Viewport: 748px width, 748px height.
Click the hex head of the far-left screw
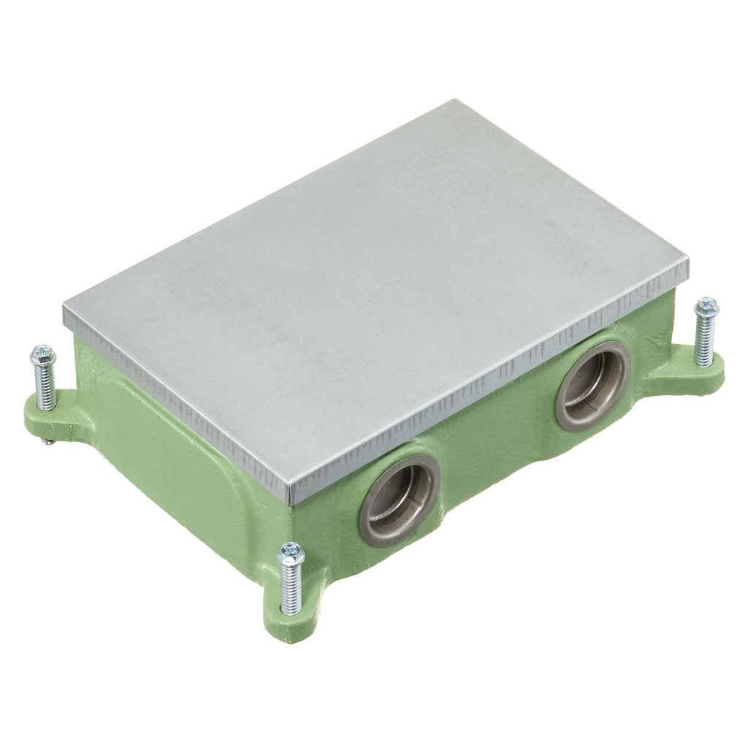[42, 356]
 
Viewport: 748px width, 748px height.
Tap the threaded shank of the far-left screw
[45, 387]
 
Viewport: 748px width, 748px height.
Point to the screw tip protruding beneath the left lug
[47, 441]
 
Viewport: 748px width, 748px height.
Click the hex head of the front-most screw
[291, 553]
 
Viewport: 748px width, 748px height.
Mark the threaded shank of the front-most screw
[291, 588]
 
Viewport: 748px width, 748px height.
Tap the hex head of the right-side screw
[706, 308]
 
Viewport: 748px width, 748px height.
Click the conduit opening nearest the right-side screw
[593, 384]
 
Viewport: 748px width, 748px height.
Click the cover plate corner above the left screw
[66, 308]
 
